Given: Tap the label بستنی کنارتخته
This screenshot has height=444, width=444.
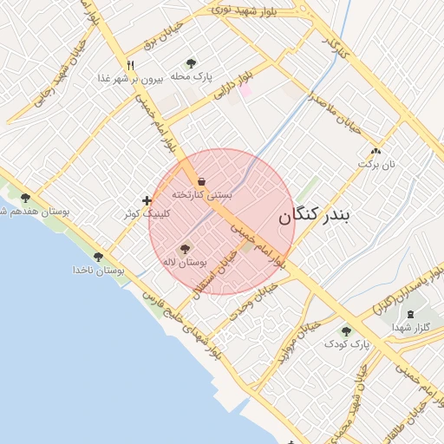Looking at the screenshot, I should click(201, 195).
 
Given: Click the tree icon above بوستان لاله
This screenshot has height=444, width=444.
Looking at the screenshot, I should click(184, 248).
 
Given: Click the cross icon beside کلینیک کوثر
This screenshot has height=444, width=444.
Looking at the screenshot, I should click(147, 201).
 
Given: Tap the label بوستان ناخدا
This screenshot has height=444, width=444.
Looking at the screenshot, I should click(98, 271).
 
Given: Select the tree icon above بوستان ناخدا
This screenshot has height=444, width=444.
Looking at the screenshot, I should click(98, 257).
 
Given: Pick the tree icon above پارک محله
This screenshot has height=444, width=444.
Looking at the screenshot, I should click(191, 63).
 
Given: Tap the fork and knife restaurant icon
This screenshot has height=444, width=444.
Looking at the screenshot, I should click(131, 64).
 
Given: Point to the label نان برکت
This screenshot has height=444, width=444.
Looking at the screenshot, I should click(377, 163).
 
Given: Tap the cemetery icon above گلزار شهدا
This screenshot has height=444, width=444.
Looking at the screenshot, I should click(410, 313).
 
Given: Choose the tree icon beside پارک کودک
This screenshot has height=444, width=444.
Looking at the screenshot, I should click(347, 331).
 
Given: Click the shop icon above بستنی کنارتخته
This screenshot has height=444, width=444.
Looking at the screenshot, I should click(201, 181).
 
